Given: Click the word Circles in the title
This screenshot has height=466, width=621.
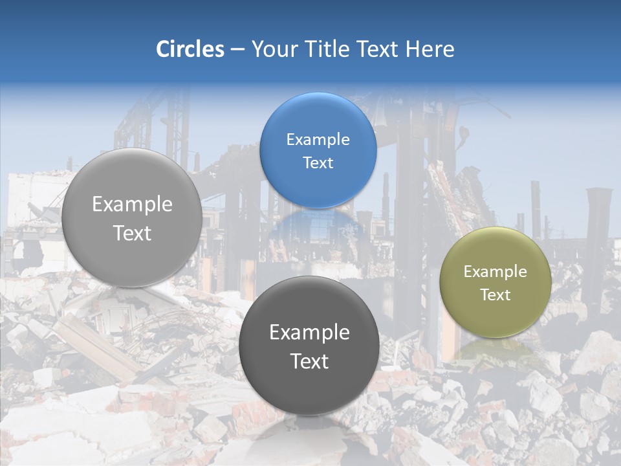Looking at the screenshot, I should pyautogui.click(x=190, y=49).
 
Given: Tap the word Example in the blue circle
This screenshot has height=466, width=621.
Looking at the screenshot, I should pyautogui.click(x=318, y=140).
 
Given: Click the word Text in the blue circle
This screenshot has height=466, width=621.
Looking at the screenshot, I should pyautogui.click(x=318, y=163).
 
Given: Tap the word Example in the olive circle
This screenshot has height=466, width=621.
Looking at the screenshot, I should pyautogui.click(x=496, y=272).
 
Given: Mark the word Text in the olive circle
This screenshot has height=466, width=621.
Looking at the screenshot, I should pyautogui.click(x=496, y=295).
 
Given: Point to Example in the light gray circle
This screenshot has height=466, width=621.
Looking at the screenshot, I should pyautogui.click(x=132, y=205).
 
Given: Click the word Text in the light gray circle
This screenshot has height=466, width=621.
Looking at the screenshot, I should pyautogui.click(x=132, y=234).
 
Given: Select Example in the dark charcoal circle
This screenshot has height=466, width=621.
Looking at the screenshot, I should pyautogui.click(x=309, y=333).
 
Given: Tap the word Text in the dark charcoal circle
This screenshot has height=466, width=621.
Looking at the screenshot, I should pyautogui.click(x=309, y=362).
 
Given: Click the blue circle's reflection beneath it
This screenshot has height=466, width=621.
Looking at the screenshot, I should pyautogui.click(x=317, y=227).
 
